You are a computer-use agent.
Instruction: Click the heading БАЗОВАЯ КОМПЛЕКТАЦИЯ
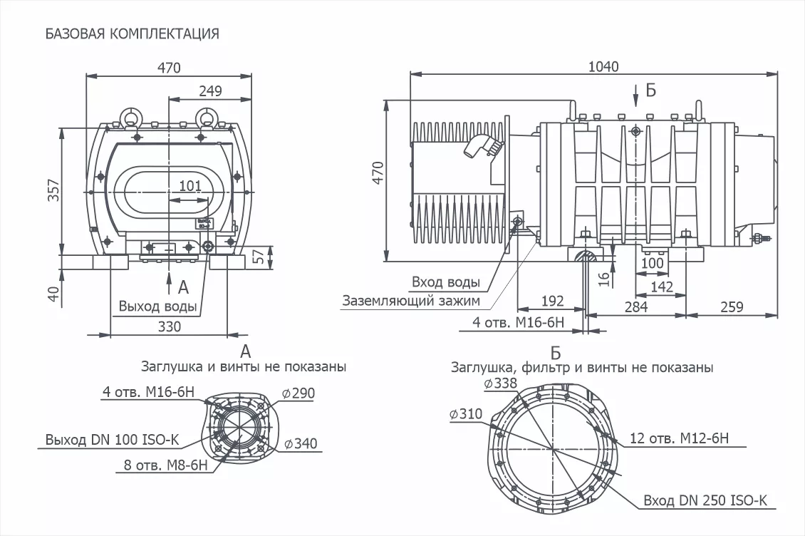coord(132,33)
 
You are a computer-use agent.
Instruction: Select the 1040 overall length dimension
coord(603,66)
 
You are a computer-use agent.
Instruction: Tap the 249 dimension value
coord(210,91)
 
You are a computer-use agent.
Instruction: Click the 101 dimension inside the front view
coord(189,186)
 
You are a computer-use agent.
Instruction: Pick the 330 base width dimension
coord(170,326)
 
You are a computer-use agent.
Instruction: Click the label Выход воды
coord(157,307)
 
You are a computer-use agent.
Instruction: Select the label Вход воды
coord(446,282)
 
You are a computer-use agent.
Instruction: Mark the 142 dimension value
coord(662,287)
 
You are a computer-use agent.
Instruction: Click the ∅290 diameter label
coord(298,393)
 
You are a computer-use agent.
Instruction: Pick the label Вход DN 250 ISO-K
coord(705,500)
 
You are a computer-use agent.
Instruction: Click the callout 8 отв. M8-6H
coord(165,465)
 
